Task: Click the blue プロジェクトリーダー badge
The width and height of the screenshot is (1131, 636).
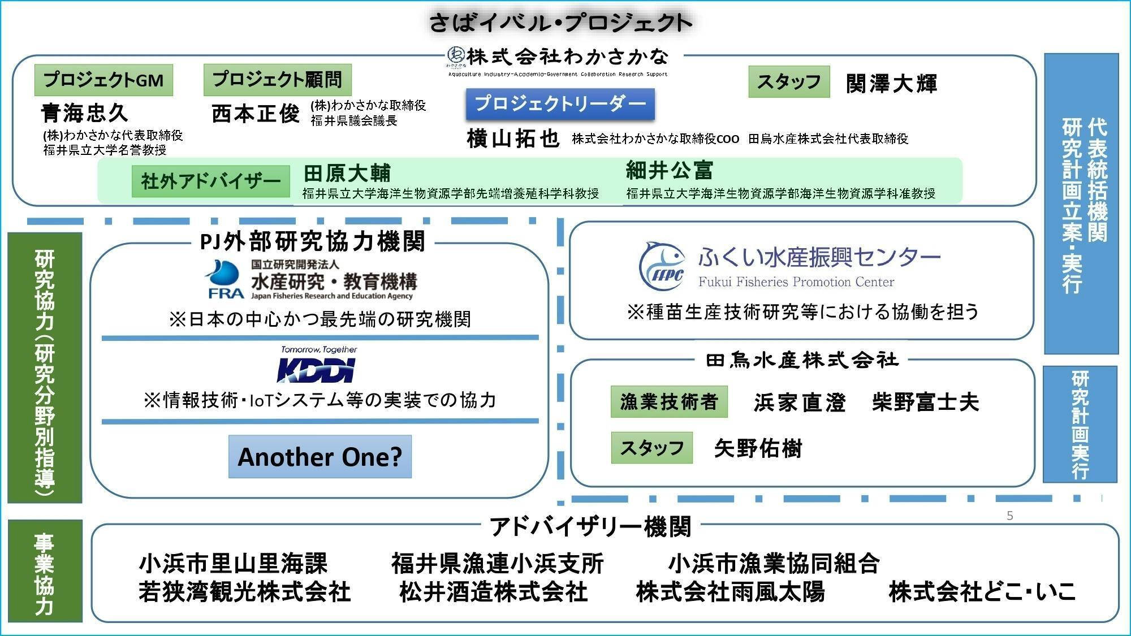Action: [x=560, y=104]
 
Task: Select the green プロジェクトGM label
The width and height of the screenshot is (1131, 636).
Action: [x=103, y=80]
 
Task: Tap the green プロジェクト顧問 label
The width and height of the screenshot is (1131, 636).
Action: [x=277, y=79]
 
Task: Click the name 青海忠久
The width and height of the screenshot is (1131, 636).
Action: [x=85, y=113]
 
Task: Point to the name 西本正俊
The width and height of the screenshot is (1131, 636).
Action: [x=256, y=114]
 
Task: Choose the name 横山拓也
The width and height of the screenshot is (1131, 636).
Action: [x=513, y=139]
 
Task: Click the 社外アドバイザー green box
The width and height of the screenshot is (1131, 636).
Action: [x=210, y=181]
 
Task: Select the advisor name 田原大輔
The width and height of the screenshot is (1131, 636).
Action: [x=347, y=172]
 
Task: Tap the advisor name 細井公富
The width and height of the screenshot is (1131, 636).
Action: [x=670, y=170]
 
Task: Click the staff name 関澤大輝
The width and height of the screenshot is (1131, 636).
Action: [x=892, y=84]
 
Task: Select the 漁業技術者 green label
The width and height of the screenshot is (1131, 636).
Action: [x=669, y=402]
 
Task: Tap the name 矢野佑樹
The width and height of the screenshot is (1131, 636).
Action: [x=758, y=448]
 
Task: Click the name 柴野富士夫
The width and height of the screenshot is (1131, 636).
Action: [x=925, y=402]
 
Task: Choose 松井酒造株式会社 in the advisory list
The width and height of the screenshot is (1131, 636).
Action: [x=493, y=592]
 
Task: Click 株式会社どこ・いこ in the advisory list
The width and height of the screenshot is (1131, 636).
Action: [x=982, y=592]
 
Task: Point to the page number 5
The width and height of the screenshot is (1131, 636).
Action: [x=1010, y=516]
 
